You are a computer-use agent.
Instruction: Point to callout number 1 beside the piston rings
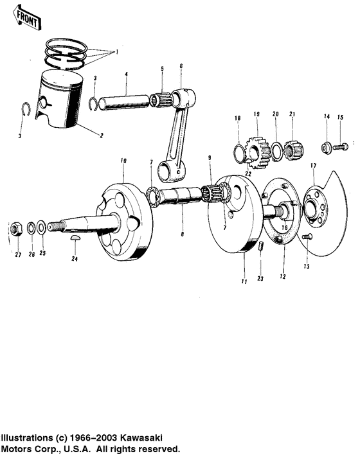tap(116, 51)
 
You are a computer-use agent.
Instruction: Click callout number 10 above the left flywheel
tap(123, 159)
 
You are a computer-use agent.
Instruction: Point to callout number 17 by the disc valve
tap(313, 166)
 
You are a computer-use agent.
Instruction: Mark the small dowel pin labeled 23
tap(261, 247)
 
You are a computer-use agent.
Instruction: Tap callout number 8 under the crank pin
tap(182, 234)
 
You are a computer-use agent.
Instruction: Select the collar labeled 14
tap(327, 147)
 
